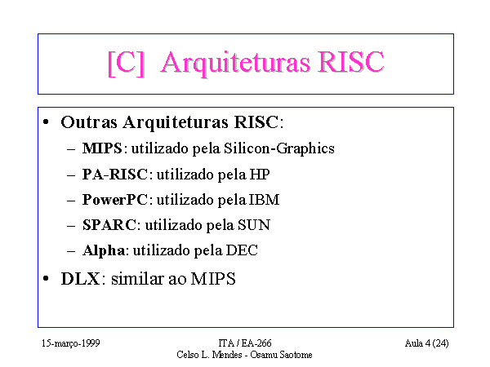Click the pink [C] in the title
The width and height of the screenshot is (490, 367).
[126, 64]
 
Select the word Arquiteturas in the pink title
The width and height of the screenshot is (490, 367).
[235, 64]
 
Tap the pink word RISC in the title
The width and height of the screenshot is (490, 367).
[351, 62]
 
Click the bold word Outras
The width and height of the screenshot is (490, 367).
[89, 122]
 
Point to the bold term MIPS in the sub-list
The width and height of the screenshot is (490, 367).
[102, 148]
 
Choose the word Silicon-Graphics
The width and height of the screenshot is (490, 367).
[279, 148]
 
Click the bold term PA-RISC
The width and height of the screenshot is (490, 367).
[114, 175]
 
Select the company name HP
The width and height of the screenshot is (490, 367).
[260, 175]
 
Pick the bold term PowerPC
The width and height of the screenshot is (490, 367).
[114, 200]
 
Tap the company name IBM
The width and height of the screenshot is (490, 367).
[264, 200]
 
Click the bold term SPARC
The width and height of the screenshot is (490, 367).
[109, 225]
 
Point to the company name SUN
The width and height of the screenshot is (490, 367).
[254, 225]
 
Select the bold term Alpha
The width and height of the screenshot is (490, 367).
[104, 250]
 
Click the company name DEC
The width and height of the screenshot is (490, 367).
[242, 250]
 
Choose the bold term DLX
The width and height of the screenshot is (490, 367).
[80, 279]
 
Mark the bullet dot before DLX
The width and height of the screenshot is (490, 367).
[46, 278]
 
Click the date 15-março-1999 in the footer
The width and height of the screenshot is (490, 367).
[70, 343]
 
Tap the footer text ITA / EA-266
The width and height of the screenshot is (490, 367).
[245, 343]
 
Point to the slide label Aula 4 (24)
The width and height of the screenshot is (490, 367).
[426, 343]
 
